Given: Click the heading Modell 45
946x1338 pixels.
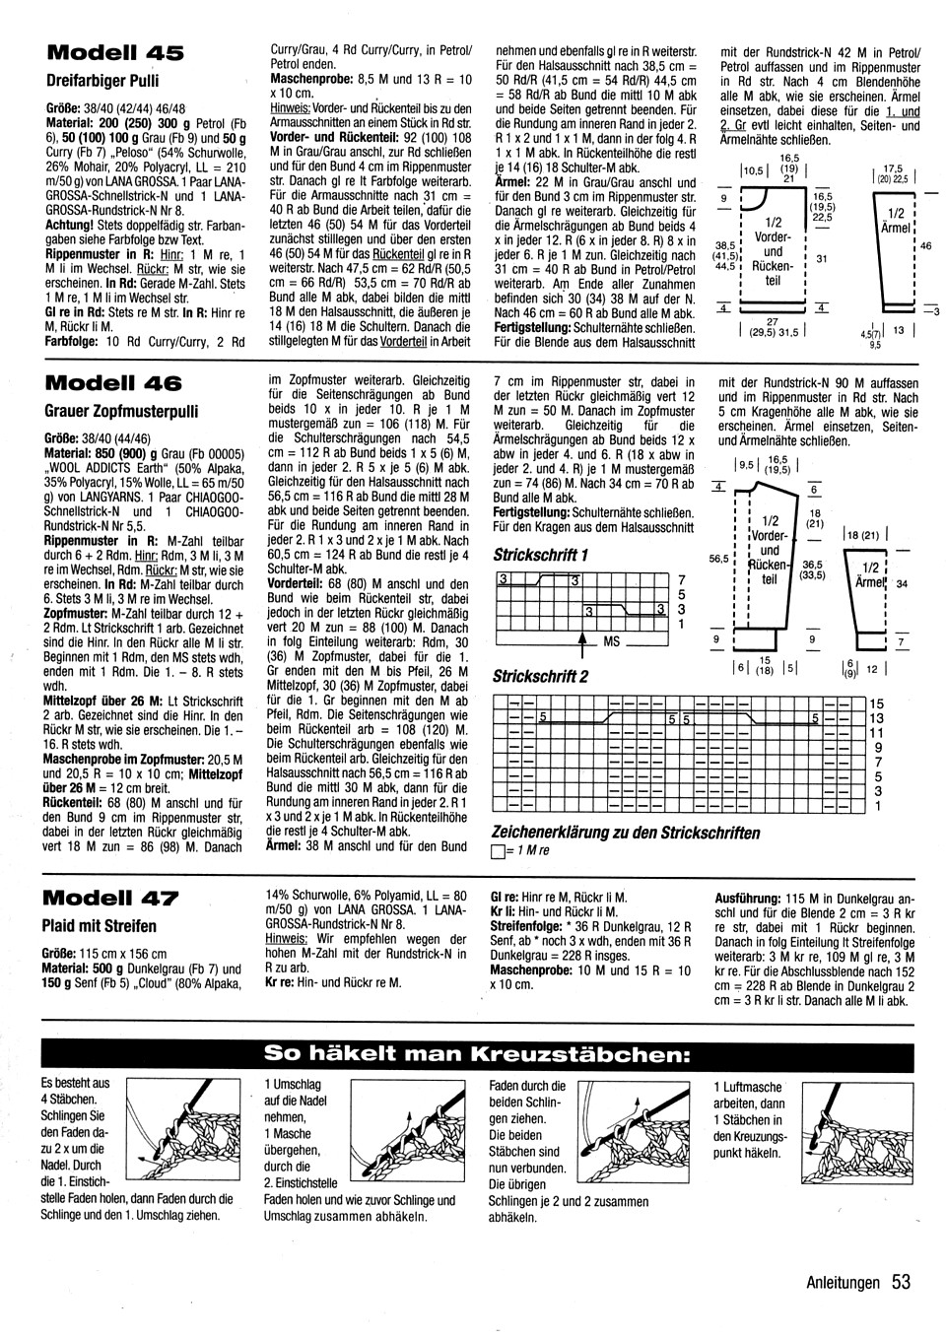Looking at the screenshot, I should (x=114, y=52).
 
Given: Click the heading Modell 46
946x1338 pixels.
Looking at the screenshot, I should (x=114, y=381).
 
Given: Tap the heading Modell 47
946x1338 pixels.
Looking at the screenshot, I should (x=111, y=898).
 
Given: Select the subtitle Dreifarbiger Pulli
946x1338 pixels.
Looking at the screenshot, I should (x=101, y=81).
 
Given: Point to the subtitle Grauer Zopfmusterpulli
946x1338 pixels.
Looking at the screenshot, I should (x=120, y=409).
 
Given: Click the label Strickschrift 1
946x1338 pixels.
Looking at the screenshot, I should (x=541, y=555).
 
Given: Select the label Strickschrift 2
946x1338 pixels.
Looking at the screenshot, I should (x=541, y=676).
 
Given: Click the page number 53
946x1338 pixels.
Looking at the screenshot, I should (x=900, y=1282).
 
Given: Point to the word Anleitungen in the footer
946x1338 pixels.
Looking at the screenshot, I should (x=843, y=1283).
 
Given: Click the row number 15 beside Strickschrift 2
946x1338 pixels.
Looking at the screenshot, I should (x=878, y=703).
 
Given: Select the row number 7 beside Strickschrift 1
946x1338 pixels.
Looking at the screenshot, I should (x=681, y=580).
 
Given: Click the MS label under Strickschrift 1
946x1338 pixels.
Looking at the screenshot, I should (x=611, y=641).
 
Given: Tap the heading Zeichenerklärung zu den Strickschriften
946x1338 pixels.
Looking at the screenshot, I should (x=626, y=833).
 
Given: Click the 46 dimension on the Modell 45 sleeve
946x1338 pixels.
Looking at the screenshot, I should (x=925, y=246).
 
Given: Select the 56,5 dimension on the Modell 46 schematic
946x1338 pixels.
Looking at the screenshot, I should (x=718, y=558).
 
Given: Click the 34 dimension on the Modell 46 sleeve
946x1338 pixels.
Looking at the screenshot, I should (x=901, y=583).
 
